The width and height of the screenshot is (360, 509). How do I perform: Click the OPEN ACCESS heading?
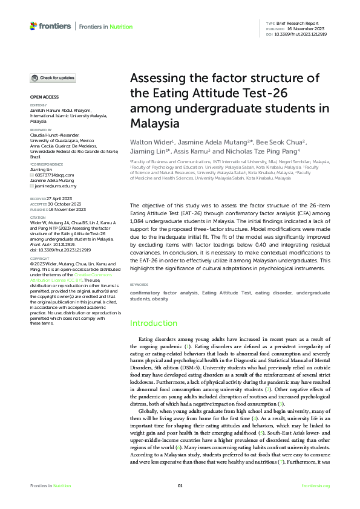pyautogui.click(x=44, y=97)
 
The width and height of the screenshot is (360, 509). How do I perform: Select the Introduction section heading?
pyautogui.click(x=154, y=323)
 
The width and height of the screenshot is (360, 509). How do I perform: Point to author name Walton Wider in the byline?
pyautogui.click(x=149, y=142)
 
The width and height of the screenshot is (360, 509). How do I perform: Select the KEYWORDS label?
pyautogui.click(x=139, y=284)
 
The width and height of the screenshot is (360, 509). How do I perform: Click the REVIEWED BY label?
pyautogui.click(x=41, y=129)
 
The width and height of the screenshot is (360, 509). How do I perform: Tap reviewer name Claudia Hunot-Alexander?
pyautogui.click(x=56, y=135)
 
